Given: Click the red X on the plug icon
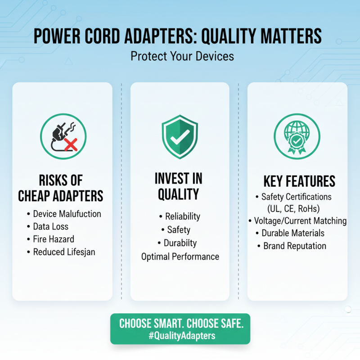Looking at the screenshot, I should point(70,144).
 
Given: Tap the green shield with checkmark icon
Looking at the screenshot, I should point(180,136).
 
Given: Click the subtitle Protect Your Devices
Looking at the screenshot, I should point(180,57).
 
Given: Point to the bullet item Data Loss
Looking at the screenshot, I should point(51,226).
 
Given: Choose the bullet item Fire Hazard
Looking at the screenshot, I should point(54,239).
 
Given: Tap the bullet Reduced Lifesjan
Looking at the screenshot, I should point(64,252).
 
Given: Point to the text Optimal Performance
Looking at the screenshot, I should point(180,256).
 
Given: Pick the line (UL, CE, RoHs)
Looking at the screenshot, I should point(297,209).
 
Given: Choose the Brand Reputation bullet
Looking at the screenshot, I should point(295,246).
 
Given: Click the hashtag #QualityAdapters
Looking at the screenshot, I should point(180,336).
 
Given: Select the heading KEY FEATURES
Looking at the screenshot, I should point(299,181).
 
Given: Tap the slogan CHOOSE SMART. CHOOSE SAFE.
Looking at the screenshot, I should point(180,324).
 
